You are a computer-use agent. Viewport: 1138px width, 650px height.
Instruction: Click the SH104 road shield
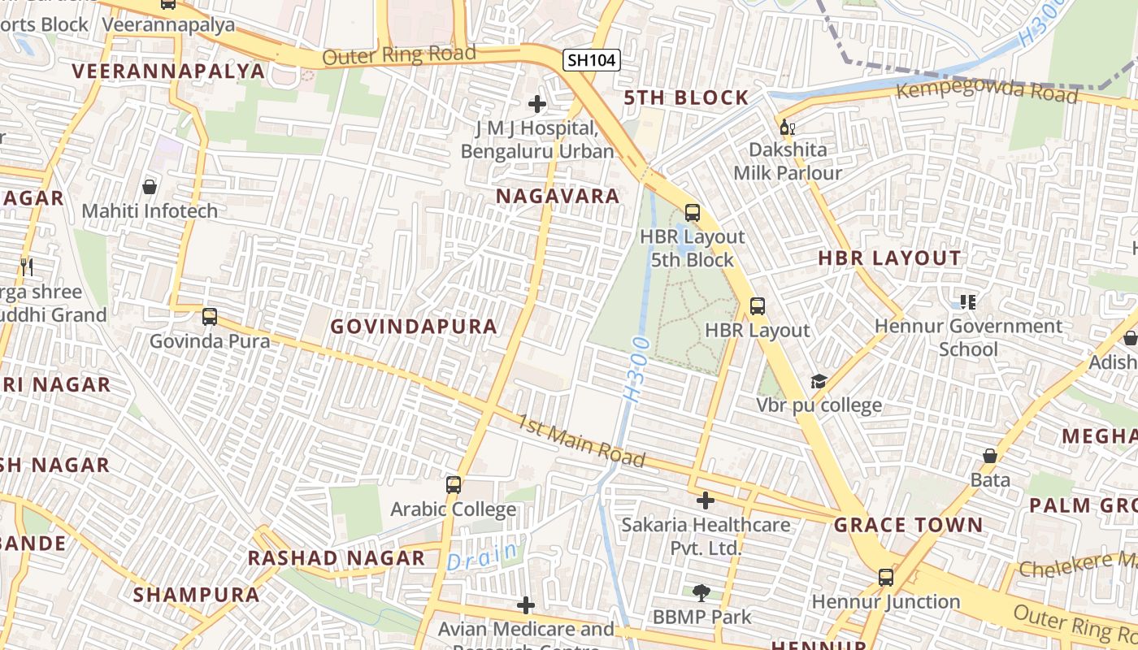tap(592, 59)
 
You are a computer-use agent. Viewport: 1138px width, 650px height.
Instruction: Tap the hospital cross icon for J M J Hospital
tap(536, 104)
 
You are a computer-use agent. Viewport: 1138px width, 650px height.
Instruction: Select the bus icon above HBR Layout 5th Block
tap(692, 213)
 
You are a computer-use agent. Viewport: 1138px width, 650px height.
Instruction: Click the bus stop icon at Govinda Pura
tap(210, 317)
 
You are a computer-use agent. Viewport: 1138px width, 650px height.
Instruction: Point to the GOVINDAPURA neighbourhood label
tap(414, 327)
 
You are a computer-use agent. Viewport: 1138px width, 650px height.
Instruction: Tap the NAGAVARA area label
tap(558, 196)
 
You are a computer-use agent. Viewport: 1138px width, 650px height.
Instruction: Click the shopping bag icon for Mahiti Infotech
tap(150, 187)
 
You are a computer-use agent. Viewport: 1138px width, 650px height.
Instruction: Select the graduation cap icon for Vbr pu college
tap(819, 381)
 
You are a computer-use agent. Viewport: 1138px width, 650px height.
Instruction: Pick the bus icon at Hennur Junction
tap(885, 578)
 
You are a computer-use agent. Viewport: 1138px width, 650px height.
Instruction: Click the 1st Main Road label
tap(581, 441)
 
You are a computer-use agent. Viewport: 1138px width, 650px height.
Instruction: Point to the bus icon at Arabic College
tap(453, 485)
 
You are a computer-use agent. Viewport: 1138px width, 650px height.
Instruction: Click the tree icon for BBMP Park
tap(701, 593)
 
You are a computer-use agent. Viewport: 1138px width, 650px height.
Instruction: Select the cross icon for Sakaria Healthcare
tap(705, 500)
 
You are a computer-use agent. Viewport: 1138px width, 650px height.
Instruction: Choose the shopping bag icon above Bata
tap(990, 456)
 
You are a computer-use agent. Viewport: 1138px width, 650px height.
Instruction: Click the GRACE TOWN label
tap(908, 525)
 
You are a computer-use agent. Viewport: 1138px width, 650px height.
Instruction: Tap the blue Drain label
tap(482, 557)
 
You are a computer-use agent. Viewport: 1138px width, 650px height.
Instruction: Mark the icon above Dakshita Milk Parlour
tap(787, 127)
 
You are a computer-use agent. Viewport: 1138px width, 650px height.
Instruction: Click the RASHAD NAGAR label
tap(336, 558)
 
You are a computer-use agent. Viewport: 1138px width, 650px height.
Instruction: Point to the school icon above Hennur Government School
tap(967, 302)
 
